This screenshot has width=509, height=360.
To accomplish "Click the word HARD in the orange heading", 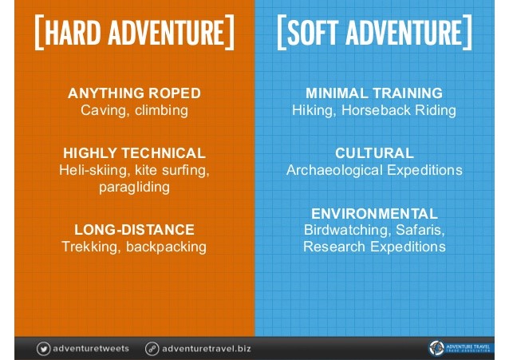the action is (x=73, y=32).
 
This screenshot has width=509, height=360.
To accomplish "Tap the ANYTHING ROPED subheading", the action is (x=134, y=93).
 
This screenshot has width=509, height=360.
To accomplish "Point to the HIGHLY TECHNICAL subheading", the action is (x=134, y=153).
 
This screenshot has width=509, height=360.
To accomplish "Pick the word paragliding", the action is (x=134, y=188).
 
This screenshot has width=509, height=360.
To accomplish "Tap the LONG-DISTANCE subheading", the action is (x=134, y=230).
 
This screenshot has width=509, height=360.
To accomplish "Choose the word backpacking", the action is (x=166, y=247).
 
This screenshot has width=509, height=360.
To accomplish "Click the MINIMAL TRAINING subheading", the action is (x=374, y=93).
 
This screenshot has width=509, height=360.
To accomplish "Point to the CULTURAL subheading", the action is (x=375, y=153).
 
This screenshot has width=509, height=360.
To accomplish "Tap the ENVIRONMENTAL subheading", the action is (x=375, y=214).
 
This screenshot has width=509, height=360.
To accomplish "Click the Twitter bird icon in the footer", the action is (x=44, y=349).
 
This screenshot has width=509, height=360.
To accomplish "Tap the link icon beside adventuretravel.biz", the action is (x=152, y=349).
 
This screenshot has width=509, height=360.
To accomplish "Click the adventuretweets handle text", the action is (x=91, y=349).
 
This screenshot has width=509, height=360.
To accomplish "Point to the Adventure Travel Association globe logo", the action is (x=436, y=348).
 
